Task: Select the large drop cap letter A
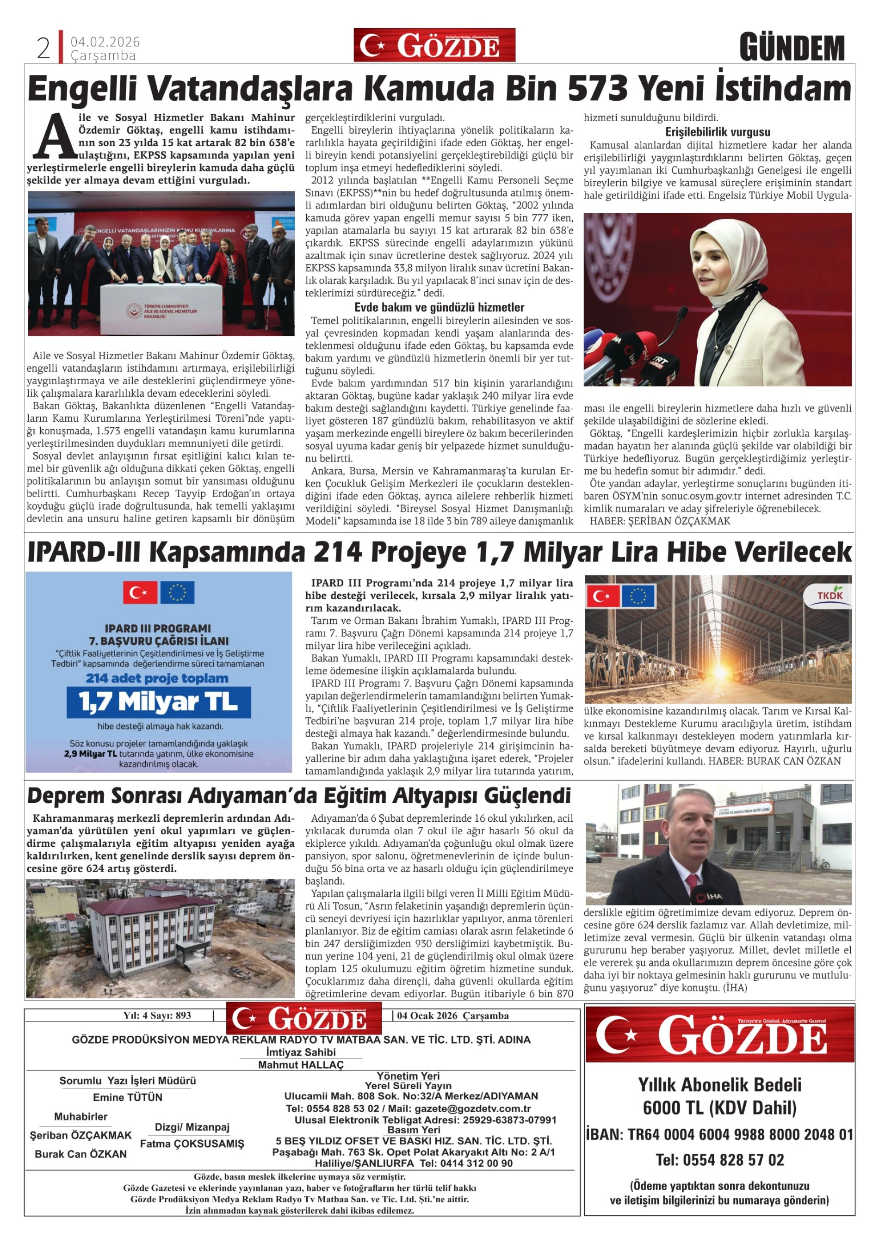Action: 55,136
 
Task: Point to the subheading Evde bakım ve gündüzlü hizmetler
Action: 439,308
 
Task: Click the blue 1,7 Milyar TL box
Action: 159,702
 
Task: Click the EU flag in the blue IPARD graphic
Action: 177,593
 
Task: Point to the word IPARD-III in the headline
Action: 84,553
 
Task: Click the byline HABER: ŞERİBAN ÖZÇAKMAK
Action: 659,521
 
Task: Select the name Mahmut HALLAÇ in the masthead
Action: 301,1065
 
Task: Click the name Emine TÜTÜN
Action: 128,1097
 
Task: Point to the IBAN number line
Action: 719,1134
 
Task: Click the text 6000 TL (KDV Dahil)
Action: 719,1108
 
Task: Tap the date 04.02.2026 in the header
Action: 105,42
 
